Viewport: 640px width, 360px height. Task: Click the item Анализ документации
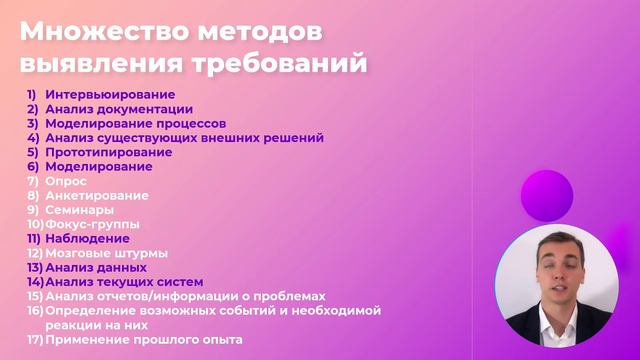pos(119,109)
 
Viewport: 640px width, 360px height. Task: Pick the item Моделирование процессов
pos(133,123)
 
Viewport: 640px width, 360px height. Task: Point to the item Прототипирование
pos(108,152)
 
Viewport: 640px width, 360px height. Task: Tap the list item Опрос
pos(66,181)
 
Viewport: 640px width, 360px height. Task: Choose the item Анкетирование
pos(97,196)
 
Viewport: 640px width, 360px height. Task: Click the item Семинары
pos(79,210)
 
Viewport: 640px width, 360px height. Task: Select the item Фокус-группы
pos(93,224)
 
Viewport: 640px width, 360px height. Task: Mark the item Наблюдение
pos(87,239)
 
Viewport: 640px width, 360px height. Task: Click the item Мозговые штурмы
pos(106,253)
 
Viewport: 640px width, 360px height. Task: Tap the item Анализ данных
pos(96,268)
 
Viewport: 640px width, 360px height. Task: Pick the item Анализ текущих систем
pos(124,282)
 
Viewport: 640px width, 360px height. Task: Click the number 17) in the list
pos(35,340)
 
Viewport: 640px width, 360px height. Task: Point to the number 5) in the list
pos(33,152)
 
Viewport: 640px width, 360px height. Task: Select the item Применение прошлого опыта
pos(143,340)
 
